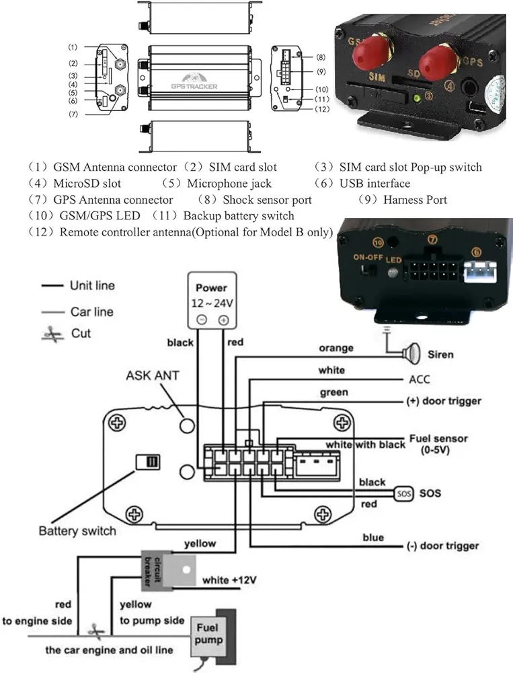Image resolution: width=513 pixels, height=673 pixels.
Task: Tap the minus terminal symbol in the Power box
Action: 200,320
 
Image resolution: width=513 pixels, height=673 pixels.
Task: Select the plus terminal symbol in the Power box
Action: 223,320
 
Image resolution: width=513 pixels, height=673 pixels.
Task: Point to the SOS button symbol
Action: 403,493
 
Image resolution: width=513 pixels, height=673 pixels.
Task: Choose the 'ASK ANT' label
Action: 153,375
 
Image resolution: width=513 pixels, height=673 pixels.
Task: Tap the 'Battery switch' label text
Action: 77,531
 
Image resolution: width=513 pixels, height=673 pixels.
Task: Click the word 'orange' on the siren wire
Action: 336,348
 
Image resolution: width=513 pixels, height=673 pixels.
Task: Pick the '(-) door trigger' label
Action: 442,546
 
